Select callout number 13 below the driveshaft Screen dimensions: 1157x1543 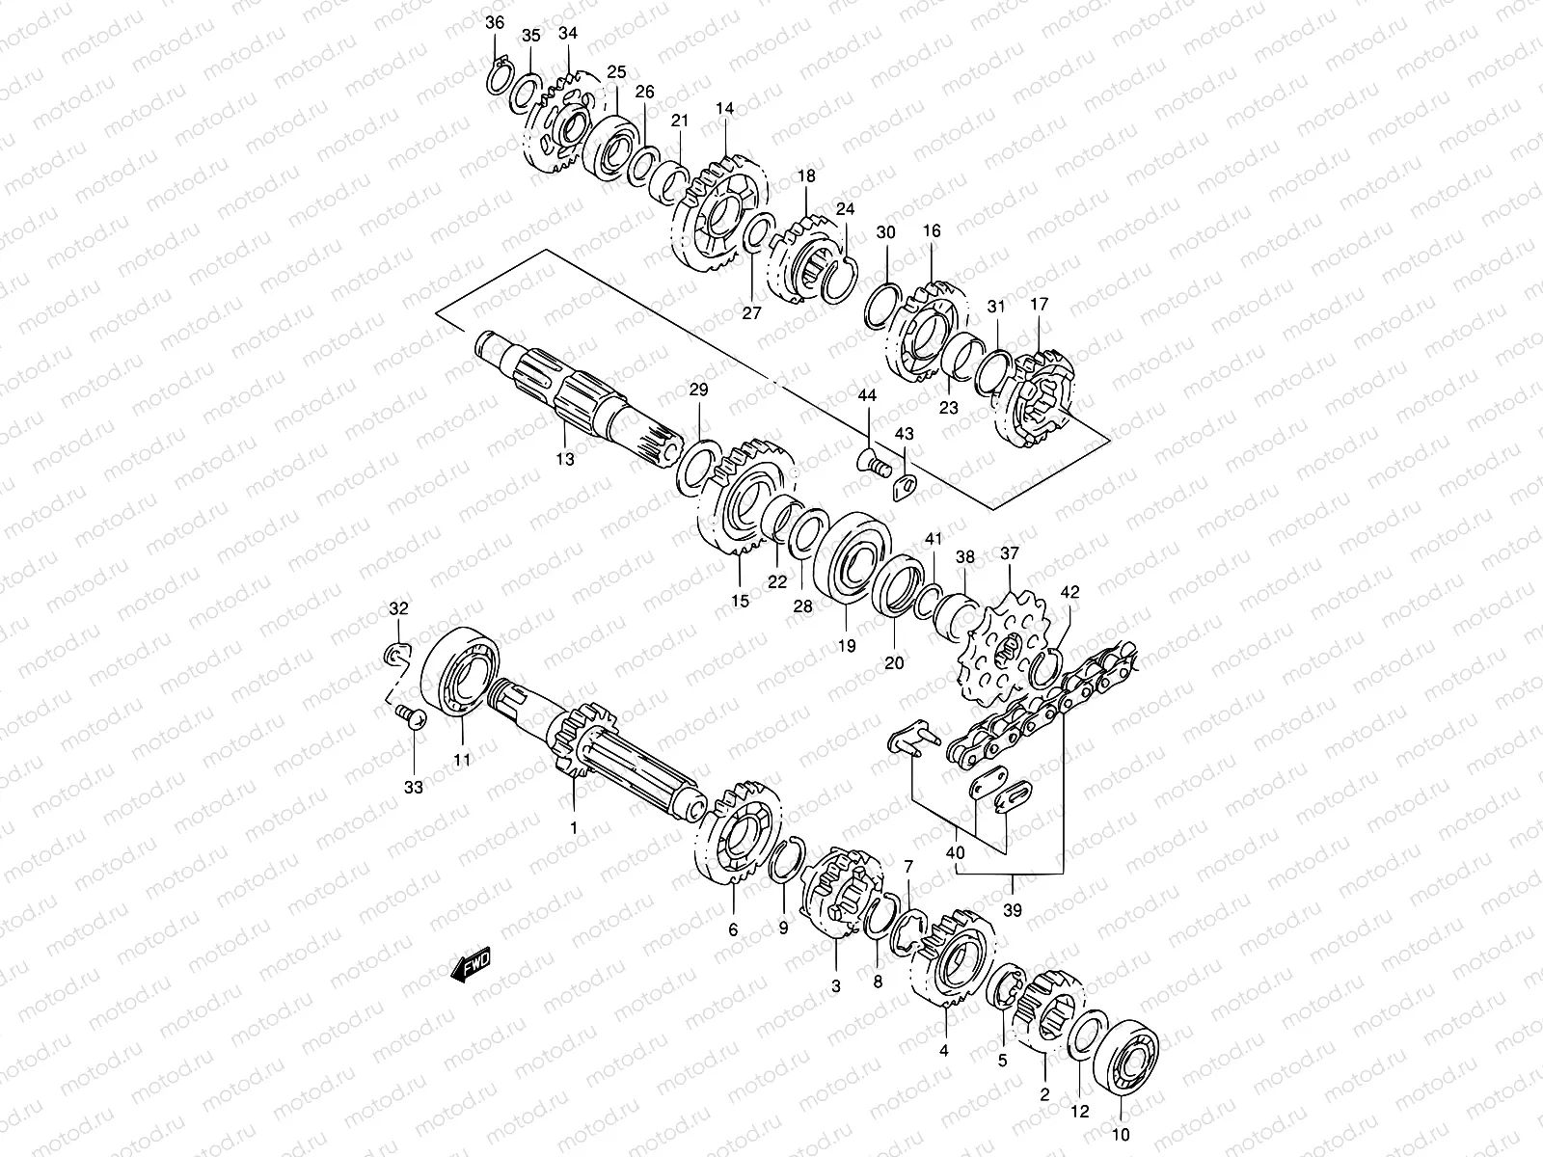pos(564,460)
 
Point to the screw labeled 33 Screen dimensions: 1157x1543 pos(409,715)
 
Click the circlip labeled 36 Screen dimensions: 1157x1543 pos(499,75)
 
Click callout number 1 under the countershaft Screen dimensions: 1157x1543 pos(573,827)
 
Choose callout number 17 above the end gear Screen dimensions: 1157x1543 pos(1039,305)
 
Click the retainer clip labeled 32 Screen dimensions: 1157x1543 pos(397,656)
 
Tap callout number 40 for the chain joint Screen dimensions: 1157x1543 pos(956,851)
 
